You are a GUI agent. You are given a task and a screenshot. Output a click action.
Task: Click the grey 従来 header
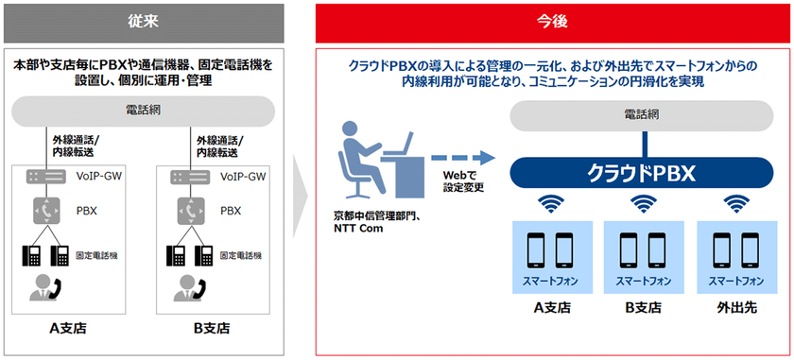coord(146,19)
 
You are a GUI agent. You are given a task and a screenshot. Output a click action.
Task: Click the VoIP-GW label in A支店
coord(99,177)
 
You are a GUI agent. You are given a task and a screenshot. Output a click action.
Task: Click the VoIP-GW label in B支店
coord(243,177)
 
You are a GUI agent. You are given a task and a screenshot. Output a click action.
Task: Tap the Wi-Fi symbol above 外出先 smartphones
coord(736,203)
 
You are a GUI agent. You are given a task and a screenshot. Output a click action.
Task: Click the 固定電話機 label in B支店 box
coord(242,255)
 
